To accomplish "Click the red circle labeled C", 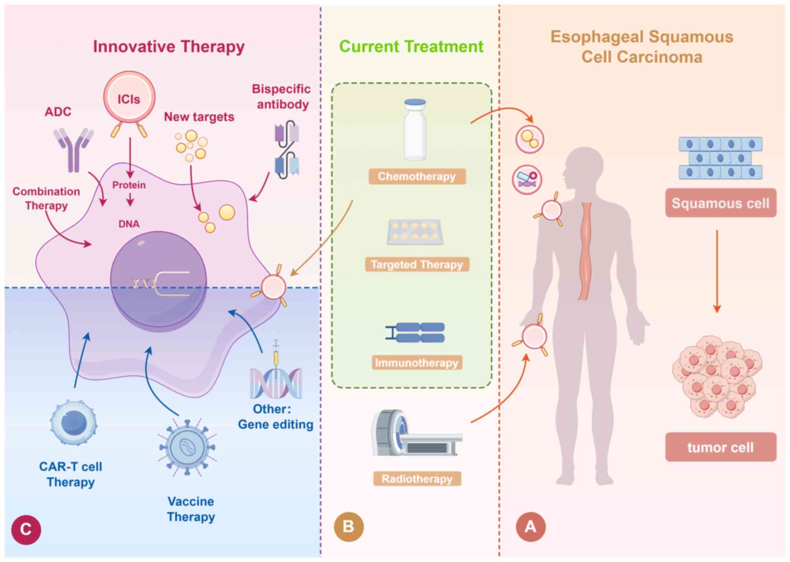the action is point(26,530).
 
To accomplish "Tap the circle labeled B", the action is point(349,527).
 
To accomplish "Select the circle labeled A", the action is point(531,527).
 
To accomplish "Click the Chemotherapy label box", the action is point(417,176).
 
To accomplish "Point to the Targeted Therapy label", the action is point(417,265).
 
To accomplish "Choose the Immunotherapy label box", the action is point(417,363).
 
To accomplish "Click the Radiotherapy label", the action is point(417,479).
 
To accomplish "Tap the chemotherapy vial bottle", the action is point(415,130).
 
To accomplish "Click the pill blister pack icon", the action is point(415,232).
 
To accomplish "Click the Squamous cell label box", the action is point(720,203).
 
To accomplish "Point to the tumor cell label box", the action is point(720,447).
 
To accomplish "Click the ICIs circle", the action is point(129,98).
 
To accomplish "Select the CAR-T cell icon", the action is point(73,422).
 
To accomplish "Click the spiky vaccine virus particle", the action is point(187,448).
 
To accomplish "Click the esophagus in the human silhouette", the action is point(586,251).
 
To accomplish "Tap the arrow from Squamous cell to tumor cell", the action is point(717,271).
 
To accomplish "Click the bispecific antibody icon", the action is point(287,150).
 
